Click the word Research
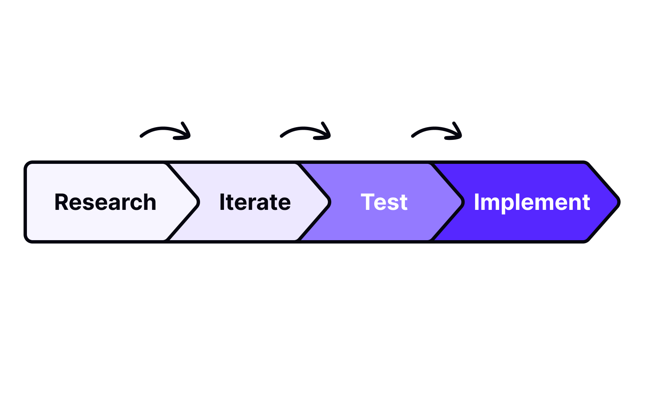pyautogui.click(x=105, y=202)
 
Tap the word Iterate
pyautogui.click(x=255, y=202)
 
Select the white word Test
pyautogui.click(x=384, y=202)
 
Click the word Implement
pyautogui.click(x=532, y=202)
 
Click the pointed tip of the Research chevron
pyautogui.click(x=198, y=202)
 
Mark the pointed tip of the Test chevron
pyautogui.click(x=463, y=202)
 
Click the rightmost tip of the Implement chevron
pyautogui.click(x=619, y=202)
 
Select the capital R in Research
pyautogui.click(x=62, y=202)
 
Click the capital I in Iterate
pyautogui.click(x=222, y=202)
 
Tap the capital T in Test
pyautogui.click(x=368, y=202)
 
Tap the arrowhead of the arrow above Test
pyautogui.click(x=457, y=132)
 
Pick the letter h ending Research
pyautogui.click(x=150, y=202)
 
